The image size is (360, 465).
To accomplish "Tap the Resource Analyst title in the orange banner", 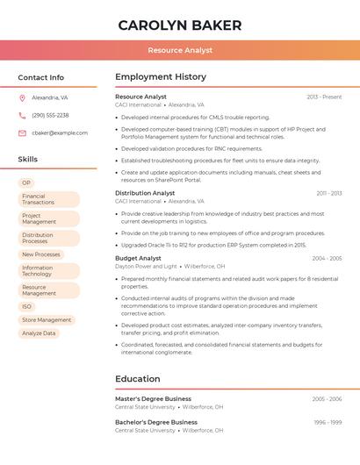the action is pyautogui.click(x=179, y=51).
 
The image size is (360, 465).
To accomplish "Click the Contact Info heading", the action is pyautogui.click(x=40, y=77).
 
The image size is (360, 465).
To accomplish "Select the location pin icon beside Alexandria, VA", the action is pyautogui.click(x=22, y=98).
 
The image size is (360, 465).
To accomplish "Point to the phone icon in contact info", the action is pyautogui.click(x=22, y=116).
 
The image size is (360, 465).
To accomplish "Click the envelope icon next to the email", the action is pyautogui.click(x=22, y=133).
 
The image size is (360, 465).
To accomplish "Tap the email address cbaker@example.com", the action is pyautogui.click(x=60, y=133).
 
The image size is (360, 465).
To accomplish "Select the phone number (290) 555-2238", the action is pyautogui.click(x=50, y=116).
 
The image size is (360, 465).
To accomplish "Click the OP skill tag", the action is pyautogui.click(x=26, y=182).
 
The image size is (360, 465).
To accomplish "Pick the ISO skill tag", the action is pyautogui.click(x=26, y=306).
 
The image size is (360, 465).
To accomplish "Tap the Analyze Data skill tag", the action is pyautogui.click(x=39, y=333).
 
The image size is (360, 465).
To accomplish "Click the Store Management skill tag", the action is pyautogui.click(x=47, y=320).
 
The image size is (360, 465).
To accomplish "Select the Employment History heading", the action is pyautogui.click(x=161, y=77).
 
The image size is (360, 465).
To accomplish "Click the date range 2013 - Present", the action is pyautogui.click(x=324, y=97).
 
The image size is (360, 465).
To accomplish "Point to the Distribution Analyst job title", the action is pyautogui.click(x=145, y=193).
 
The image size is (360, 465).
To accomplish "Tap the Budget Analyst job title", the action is pyautogui.click(x=138, y=258).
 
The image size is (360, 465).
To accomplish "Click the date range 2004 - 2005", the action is pyautogui.click(x=327, y=259).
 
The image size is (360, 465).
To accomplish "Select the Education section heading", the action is pyautogui.click(x=137, y=379).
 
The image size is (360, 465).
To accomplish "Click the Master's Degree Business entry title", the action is pyautogui.click(x=153, y=398).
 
